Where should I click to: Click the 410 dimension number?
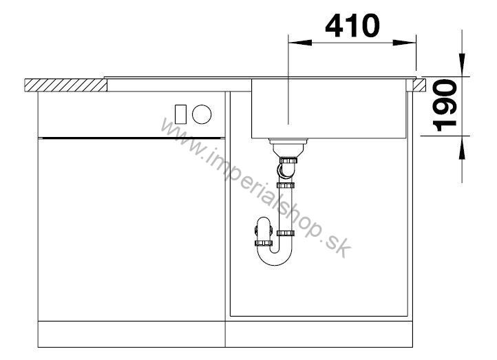(352, 25)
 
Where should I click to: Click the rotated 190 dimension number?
(445, 105)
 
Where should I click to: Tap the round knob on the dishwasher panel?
(202, 114)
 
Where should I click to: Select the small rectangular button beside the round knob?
(180, 114)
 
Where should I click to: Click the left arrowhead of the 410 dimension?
(300, 43)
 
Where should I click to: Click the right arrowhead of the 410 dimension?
(404, 43)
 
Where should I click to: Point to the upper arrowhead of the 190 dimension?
(462, 65)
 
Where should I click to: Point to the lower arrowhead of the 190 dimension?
(462, 148)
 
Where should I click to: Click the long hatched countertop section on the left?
(65, 85)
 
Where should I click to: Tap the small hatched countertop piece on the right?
(419, 85)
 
